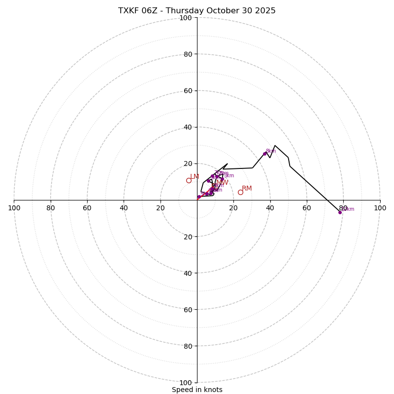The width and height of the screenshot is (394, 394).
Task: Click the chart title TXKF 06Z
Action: [x=197, y=11]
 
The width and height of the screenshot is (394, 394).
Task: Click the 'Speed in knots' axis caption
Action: [x=197, y=390]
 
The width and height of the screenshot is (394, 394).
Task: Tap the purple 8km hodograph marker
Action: [x=264, y=154]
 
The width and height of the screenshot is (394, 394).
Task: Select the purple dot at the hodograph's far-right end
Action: [x=340, y=212]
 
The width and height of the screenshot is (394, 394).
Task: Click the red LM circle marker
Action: [x=189, y=180]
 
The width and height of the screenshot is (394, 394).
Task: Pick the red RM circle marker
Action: [x=240, y=192]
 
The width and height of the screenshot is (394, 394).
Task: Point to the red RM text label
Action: [x=247, y=189]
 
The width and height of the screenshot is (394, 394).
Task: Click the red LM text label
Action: [x=195, y=177]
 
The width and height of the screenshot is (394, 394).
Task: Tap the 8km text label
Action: [x=271, y=151]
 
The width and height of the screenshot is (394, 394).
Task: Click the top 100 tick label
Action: [x=186, y=18]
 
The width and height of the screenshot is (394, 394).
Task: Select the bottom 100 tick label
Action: [x=186, y=383]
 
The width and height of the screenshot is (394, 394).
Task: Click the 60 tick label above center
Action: [x=188, y=91]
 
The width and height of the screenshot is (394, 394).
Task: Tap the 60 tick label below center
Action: [x=188, y=310]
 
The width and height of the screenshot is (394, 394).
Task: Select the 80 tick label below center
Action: [x=188, y=346]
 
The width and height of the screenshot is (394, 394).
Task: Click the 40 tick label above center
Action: [x=188, y=127]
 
